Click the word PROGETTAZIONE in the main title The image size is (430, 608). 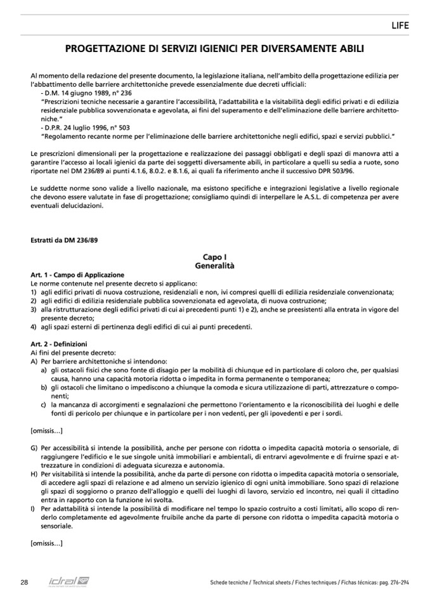point(110,47)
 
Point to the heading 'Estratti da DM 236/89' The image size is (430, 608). point(63,241)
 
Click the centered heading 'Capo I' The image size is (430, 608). point(214,257)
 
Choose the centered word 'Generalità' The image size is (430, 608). point(214,266)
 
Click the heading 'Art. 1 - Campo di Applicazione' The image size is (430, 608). point(77,275)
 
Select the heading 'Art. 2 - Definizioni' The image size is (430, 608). point(59,344)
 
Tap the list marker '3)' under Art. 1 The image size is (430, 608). point(34,309)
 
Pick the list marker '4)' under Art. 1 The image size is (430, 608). point(34,327)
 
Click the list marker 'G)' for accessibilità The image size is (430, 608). point(34,448)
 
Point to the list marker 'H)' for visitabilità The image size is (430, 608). point(34,474)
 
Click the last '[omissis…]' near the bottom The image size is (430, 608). point(46,543)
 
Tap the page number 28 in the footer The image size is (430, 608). point(24,582)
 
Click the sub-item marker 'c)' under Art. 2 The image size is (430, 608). point(44,404)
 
